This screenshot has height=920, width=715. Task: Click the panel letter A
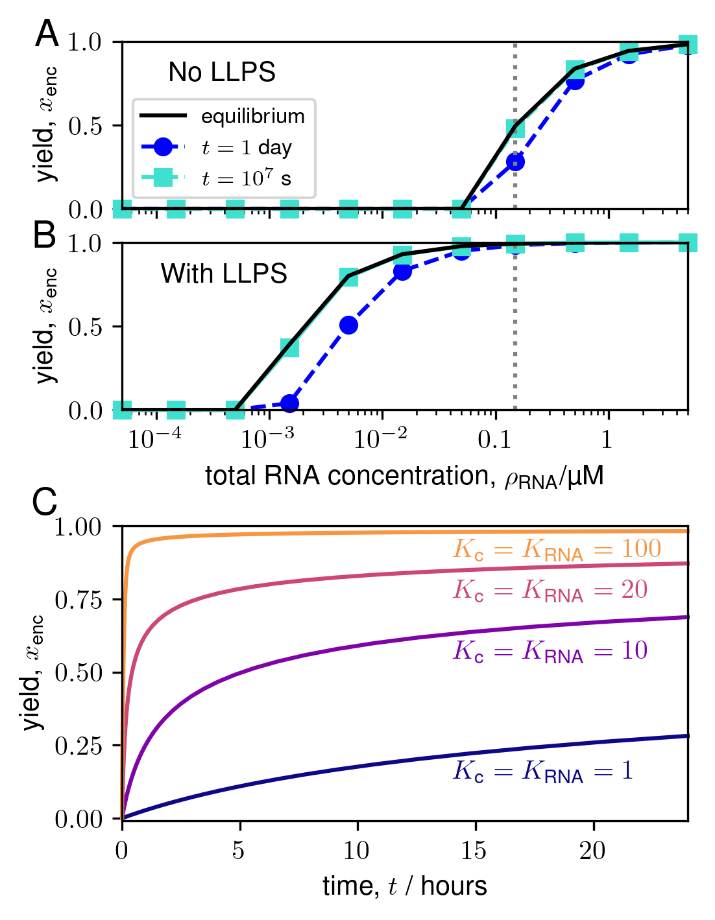(47, 34)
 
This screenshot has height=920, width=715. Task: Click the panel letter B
(45, 235)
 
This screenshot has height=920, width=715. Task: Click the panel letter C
(45, 502)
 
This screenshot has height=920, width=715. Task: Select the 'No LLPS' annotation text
(222, 72)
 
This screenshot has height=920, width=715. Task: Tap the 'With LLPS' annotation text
(224, 274)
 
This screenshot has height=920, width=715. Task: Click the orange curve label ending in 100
(557, 550)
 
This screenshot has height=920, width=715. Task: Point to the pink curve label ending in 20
(550, 590)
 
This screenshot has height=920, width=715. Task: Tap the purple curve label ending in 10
(550, 651)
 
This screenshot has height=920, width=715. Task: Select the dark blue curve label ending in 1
(542, 771)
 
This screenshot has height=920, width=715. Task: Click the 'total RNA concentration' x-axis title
(404, 477)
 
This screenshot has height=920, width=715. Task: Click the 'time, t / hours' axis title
(404, 886)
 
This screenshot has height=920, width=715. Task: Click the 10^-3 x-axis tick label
(267, 439)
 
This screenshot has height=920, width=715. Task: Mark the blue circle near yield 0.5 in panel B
(348, 325)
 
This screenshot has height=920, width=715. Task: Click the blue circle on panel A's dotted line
(515, 161)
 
